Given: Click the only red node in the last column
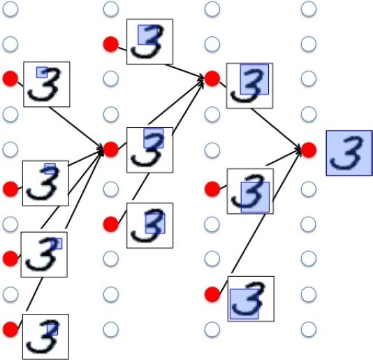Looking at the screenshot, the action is coord(309,150).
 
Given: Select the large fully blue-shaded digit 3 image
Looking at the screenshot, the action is coord(349,153).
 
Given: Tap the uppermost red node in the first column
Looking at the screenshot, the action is coord(10,78).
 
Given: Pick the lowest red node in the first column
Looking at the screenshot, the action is coord(10,329).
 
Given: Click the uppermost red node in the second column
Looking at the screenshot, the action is coord(111,44).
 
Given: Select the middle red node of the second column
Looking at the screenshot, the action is coord(111,150).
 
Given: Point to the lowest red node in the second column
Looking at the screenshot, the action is coord(111,224).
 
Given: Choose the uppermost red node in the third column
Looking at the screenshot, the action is coord(212,78).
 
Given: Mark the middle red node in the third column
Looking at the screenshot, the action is coord(212,189).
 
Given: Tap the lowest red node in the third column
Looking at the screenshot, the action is coord(212,294).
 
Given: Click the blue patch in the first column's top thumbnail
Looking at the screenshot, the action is coord(42,73).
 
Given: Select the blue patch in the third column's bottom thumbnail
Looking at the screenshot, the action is coord(244,304).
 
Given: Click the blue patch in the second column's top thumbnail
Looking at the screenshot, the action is coord(147,35).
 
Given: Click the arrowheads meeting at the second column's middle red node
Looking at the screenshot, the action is coord(100,150).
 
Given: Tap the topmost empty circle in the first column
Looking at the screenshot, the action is coord(10,9).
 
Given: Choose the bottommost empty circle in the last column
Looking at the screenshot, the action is coord(309,329).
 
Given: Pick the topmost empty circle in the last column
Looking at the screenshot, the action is coord(309,9).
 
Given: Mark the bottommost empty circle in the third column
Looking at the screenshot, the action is coord(212,329).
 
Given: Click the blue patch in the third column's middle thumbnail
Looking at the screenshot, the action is coord(255,197).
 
